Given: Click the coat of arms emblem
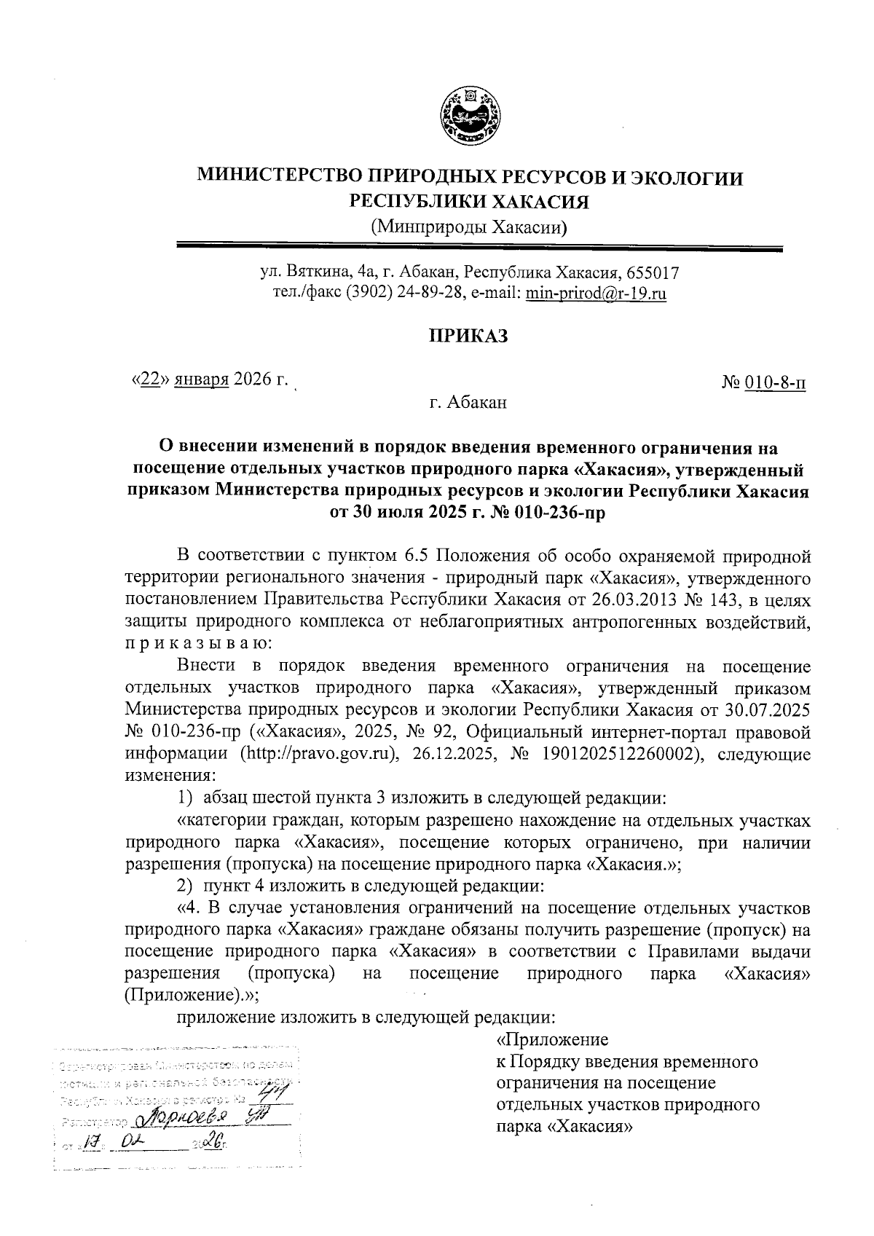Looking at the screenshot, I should tap(471, 114).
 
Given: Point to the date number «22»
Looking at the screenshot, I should tap(149, 379).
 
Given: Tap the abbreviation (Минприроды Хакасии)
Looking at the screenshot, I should tap(469, 227).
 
